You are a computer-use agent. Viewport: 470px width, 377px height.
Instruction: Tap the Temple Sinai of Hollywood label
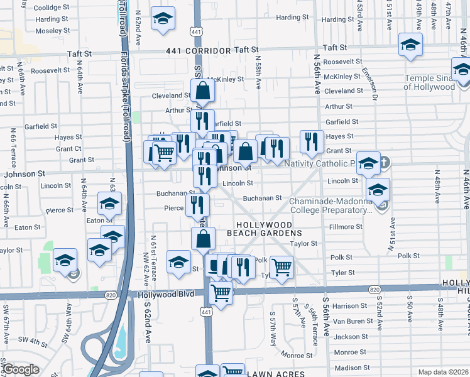(x=430, y=82)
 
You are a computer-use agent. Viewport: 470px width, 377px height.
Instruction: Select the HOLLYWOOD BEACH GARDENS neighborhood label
(x=265, y=229)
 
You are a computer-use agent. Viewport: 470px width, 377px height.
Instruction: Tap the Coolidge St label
(x=52, y=8)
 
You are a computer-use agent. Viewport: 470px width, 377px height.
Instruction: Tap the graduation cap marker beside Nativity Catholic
(x=368, y=163)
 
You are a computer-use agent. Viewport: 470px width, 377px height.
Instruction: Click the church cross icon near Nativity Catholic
(x=384, y=163)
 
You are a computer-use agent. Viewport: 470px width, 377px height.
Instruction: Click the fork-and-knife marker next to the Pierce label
(x=197, y=204)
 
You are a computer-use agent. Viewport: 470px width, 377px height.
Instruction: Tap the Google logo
(x=21, y=369)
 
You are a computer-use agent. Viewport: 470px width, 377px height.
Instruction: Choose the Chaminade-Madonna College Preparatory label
(x=331, y=205)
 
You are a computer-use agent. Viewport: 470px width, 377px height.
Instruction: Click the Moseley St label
(x=52, y=30)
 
